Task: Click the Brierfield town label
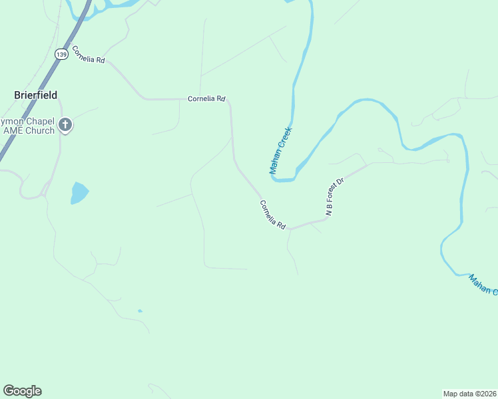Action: pyautogui.click(x=36, y=95)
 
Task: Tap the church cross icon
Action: pyautogui.click(x=65, y=124)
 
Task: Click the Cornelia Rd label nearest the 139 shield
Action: pyautogui.click(x=89, y=55)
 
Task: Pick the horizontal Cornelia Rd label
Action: pyautogui.click(x=206, y=99)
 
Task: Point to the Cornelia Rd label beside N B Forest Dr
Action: pyautogui.click(x=272, y=215)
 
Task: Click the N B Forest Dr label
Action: pyautogui.click(x=334, y=197)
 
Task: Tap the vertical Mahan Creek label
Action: pyautogui.click(x=281, y=152)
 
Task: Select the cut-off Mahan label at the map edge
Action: pyautogui.click(x=482, y=285)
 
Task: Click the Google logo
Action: pyautogui.click(x=22, y=391)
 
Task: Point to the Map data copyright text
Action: pyautogui.click(x=469, y=393)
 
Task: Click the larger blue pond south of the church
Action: pyautogui.click(x=79, y=193)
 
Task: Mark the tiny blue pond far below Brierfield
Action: pyautogui.click(x=139, y=311)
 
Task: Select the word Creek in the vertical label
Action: pyautogui.click(x=286, y=138)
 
